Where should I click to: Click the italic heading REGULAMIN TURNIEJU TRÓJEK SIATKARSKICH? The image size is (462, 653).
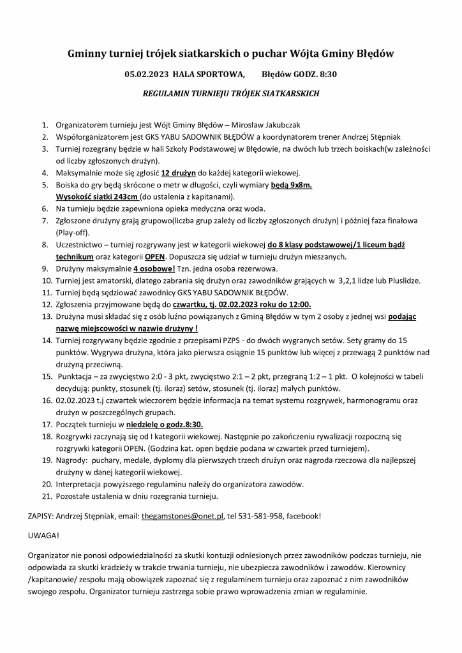click(230, 93)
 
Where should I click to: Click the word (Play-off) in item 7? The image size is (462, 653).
click(72, 233)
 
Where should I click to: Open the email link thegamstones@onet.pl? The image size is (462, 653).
click(182, 515)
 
